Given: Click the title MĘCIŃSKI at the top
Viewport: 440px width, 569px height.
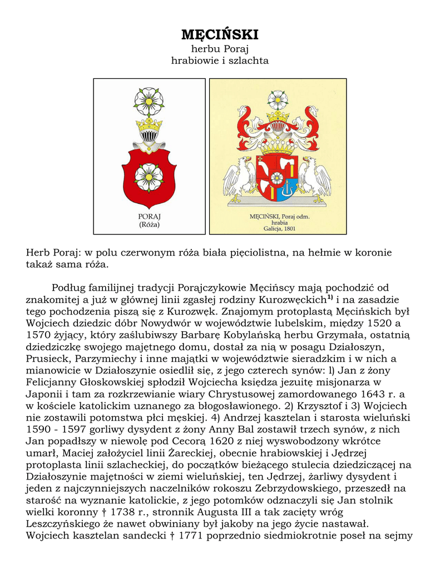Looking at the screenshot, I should [220, 35].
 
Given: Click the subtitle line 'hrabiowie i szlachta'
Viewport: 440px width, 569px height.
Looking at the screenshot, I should [220, 61].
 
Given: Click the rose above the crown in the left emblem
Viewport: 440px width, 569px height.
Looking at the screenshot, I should [149, 101].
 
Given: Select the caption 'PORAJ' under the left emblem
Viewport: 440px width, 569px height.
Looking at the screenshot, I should [149, 216].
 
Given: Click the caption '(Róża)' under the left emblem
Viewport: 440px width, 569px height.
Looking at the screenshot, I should [149, 224].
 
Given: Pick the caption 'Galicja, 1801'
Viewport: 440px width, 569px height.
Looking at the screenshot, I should [278, 228].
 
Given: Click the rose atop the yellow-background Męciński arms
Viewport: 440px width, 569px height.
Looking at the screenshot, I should [278, 99].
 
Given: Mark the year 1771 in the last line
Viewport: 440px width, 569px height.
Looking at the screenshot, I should [167, 536].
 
